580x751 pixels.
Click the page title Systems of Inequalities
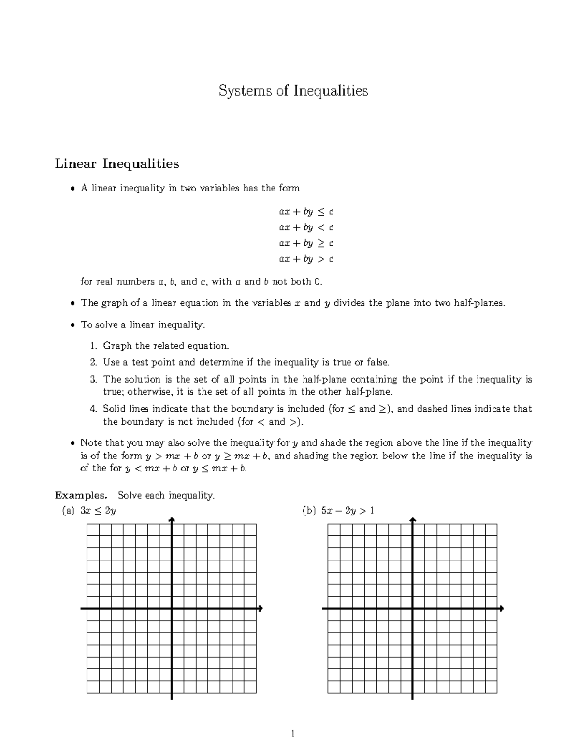(293, 91)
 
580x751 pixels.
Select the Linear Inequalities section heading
(116, 164)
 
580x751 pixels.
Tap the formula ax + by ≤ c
(306, 212)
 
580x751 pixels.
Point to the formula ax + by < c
(306, 227)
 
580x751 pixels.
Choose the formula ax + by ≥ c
(306, 243)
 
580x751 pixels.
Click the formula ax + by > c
(306, 259)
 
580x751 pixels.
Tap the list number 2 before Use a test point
(93, 362)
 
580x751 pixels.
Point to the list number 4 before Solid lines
(93, 409)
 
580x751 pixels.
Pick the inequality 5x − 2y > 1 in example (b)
(348, 510)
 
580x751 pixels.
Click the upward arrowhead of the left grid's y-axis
(172, 520)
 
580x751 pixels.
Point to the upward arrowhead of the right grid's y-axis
(412, 520)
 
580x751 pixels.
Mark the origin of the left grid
(172, 608)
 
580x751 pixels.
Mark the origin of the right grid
(412, 608)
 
